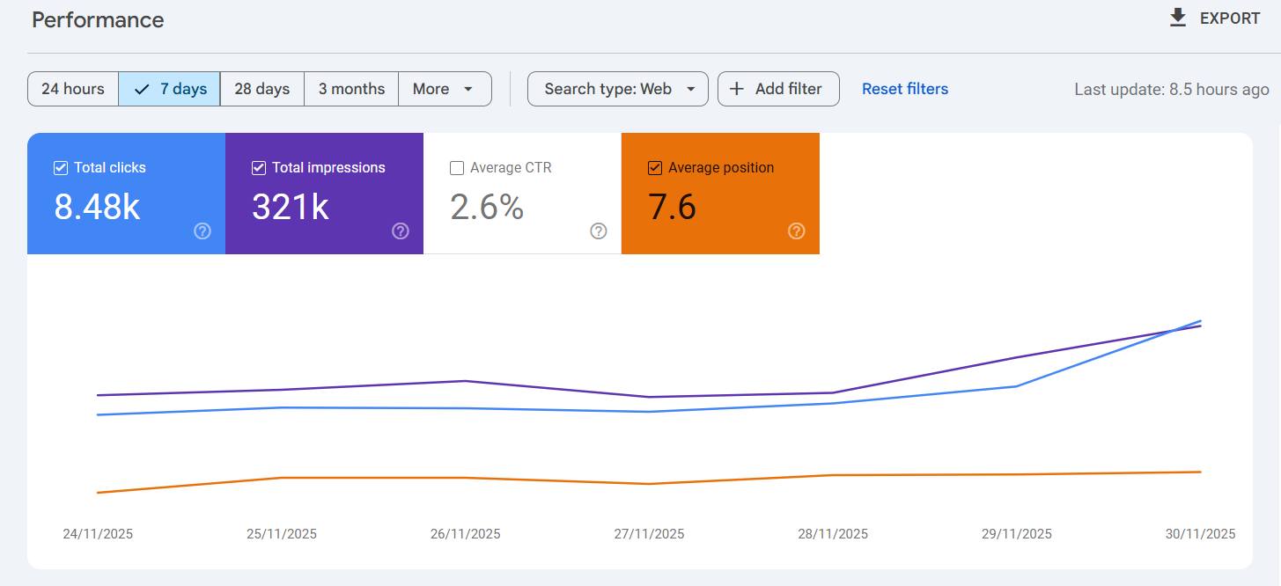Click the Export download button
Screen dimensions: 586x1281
(x=1215, y=18)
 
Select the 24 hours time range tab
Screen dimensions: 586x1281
(x=73, y=89)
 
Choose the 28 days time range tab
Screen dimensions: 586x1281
(x=261, y=89)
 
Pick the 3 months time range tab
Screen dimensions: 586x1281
(x=351, y=89)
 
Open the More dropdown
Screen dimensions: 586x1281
(x=444, y=89)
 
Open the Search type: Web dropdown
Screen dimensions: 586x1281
(x=618, y=89)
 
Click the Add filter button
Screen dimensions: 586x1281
(x=778, y=89)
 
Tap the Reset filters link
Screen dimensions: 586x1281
(x=905, y=89)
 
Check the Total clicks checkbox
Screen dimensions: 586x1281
(x=61, y=168)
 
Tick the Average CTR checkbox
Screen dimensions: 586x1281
(x=457, y=168)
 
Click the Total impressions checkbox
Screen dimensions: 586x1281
(x=259, y=168)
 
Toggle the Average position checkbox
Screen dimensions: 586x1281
(x=655, y=168)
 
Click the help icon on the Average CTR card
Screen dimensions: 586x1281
(x=599, y=231)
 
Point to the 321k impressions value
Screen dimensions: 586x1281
(x=291, y=207)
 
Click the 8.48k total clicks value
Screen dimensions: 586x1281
(x=97, y=207)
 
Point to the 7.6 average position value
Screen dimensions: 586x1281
(x=672, y=207)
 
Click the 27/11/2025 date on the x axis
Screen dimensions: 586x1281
(x=649, y=534)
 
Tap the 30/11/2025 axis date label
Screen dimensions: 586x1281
(x=1200, y=534)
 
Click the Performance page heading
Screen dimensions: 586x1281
(x=98, y=20)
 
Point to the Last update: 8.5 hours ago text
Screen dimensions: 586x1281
(x=1171, y=90)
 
